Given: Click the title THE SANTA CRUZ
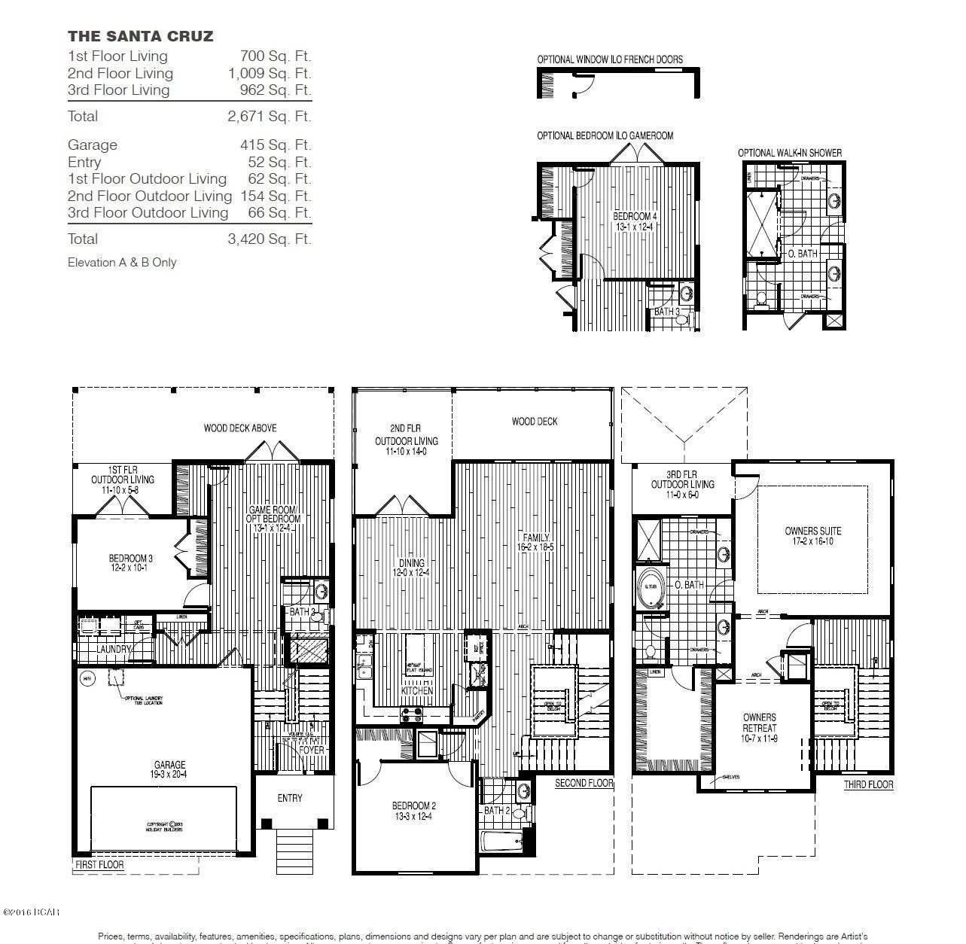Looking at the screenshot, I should click(140, 36).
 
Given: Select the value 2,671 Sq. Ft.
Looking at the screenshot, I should click(269, 116).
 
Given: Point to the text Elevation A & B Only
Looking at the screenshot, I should click(122, 262).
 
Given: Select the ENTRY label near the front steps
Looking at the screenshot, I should click(290, 798).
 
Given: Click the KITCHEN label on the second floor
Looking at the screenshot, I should click(417, 690).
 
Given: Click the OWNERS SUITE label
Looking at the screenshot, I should click(812, 536).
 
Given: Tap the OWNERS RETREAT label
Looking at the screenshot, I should click(759, 728).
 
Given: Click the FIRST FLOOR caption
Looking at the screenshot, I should click(99, 865).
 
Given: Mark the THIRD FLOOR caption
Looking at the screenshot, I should click(868, 784).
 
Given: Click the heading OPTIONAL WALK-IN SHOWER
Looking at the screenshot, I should click(789, 153).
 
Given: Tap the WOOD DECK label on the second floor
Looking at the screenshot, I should click(535, 422).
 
